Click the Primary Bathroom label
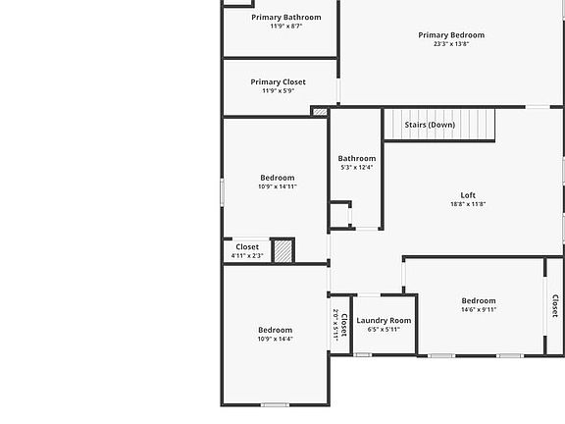point(285,17)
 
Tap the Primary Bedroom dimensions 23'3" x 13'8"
point(451,44)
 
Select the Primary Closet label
point(278,82)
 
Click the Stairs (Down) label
point(430,125)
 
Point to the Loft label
point(468,194)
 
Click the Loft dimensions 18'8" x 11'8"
point(468,204)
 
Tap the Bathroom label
point(357,158)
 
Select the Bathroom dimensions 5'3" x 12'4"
point(357,168)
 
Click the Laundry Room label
point(384,320)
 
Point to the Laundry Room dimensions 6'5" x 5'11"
point(384,330)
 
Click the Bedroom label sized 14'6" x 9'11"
point(479,300)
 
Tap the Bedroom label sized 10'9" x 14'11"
point(277,178)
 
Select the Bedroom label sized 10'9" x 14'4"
point(275,330)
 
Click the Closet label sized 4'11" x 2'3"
point(247,247)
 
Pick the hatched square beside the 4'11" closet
point(282,250)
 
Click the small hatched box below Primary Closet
point(320,112)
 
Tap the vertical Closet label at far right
point(554,306)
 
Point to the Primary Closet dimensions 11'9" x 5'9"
point(278,91)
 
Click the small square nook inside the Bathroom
point(339,215)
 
